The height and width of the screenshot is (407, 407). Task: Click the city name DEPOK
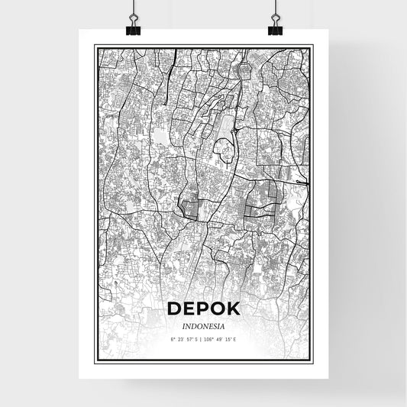(203, 308)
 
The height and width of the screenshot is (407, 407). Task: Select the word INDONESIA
(203, 325)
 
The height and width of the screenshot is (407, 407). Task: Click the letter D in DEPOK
(173, 308)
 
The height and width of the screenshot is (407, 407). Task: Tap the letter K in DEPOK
(233, 308)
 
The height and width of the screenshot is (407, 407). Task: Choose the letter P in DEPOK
(202, 308)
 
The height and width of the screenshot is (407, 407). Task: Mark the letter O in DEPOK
(218, 308)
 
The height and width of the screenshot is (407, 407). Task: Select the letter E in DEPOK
(189, 308)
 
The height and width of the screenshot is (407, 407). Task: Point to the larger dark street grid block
(262, 197)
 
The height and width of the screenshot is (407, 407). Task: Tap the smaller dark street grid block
(191, 207)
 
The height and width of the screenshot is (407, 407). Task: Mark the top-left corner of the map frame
(95, 45)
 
